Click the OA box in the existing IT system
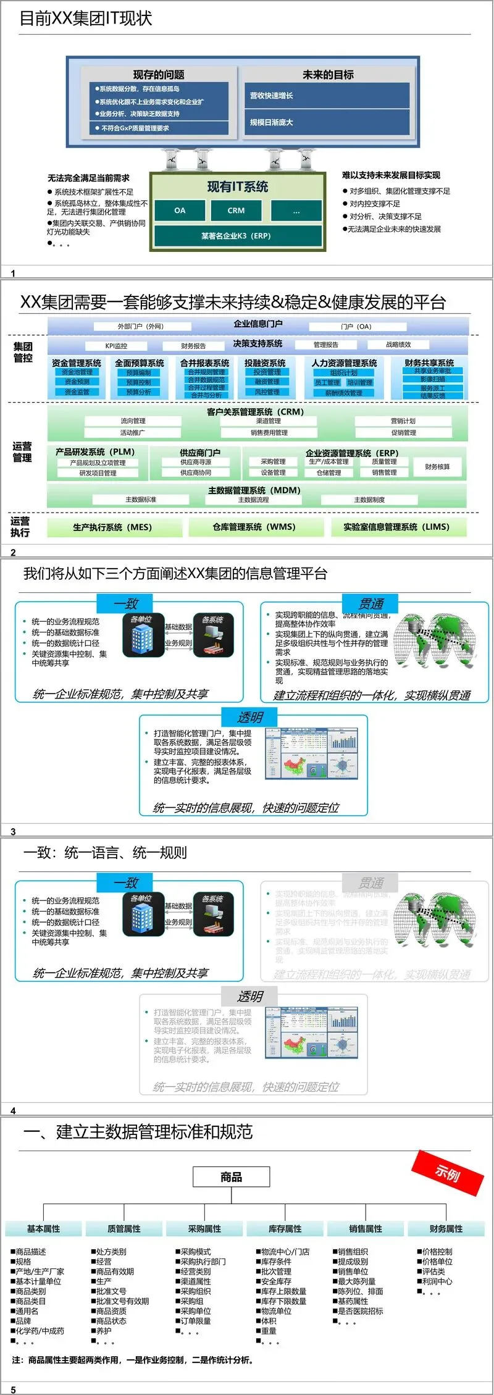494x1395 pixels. click(x=180, y=211)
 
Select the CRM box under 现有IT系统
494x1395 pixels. click(x=236, y=211)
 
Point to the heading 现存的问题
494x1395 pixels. click(x=159, y=75)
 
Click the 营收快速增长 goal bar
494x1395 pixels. click(x=327, y=96)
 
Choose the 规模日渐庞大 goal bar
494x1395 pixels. click(x=327, y=122)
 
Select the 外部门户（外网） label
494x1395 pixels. click(x=141, y=326)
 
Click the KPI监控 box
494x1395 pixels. click(x=116, y=346)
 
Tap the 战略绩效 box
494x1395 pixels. click(x=398, y=345)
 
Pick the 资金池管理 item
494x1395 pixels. click(x=77, y=372)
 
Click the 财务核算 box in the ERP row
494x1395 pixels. click(x=437, y=467)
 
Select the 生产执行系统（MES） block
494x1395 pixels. click(x=112, y=527)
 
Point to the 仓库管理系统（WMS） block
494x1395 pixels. click(x=254, y=527)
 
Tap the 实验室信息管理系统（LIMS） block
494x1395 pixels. click(x=396, y=527)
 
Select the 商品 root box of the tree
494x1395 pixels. click(x=232, y=1177)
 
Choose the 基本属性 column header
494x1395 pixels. click(x=43, y=1229)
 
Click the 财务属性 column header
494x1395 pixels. click(x=446, y=1229)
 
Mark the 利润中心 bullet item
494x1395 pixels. click(x=437, y=1281)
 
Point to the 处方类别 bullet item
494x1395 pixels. click(x=111, y=1252)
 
